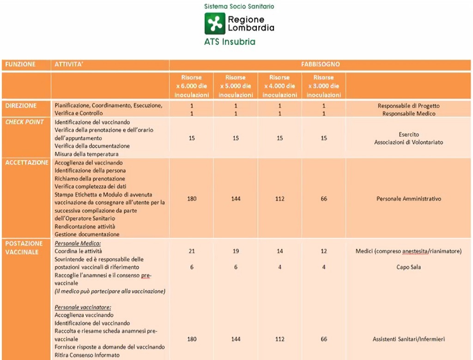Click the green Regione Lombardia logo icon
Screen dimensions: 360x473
pyautogui.click(x=215, y=23)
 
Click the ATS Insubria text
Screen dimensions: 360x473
pyautogui.click(x=230, y=42)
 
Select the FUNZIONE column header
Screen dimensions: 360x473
pyautogui.click(x=20, y=65)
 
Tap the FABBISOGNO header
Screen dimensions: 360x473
pyautogui.click(x=320, y=65)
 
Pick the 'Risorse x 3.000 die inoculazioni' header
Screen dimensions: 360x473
pyautogui.click(x=323, y=86)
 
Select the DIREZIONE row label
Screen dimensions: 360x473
pyautogui.click(x=21, y=106)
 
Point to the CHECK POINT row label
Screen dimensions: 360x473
pyautogui.click(x=24, y=122)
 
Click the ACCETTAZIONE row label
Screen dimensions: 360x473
pyautogui.click(x=27, y=162)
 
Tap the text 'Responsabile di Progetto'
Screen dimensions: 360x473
pyautogui.click(x=408, y=106)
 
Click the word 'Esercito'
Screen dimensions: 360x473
pyautogui.click(x=408, y=134)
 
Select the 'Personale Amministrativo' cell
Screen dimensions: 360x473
pyautogui.click(x=408, y=199)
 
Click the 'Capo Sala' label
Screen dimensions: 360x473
pyautogui.click(x=408, y=267)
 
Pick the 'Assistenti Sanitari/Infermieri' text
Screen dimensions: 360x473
pyautogui.click(x=408, y=339)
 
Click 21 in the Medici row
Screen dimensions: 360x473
pyautogui.click(x=192, y=251)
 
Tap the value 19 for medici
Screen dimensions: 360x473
pyautogui.click(x=236, y=251)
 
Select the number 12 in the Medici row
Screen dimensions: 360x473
pyautogui.click(x=323, y=251)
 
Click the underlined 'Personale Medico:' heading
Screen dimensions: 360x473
pyautogui.click(x=78, y=243)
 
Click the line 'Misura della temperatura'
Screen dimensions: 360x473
pyautogui.click(x=86, y=154)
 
